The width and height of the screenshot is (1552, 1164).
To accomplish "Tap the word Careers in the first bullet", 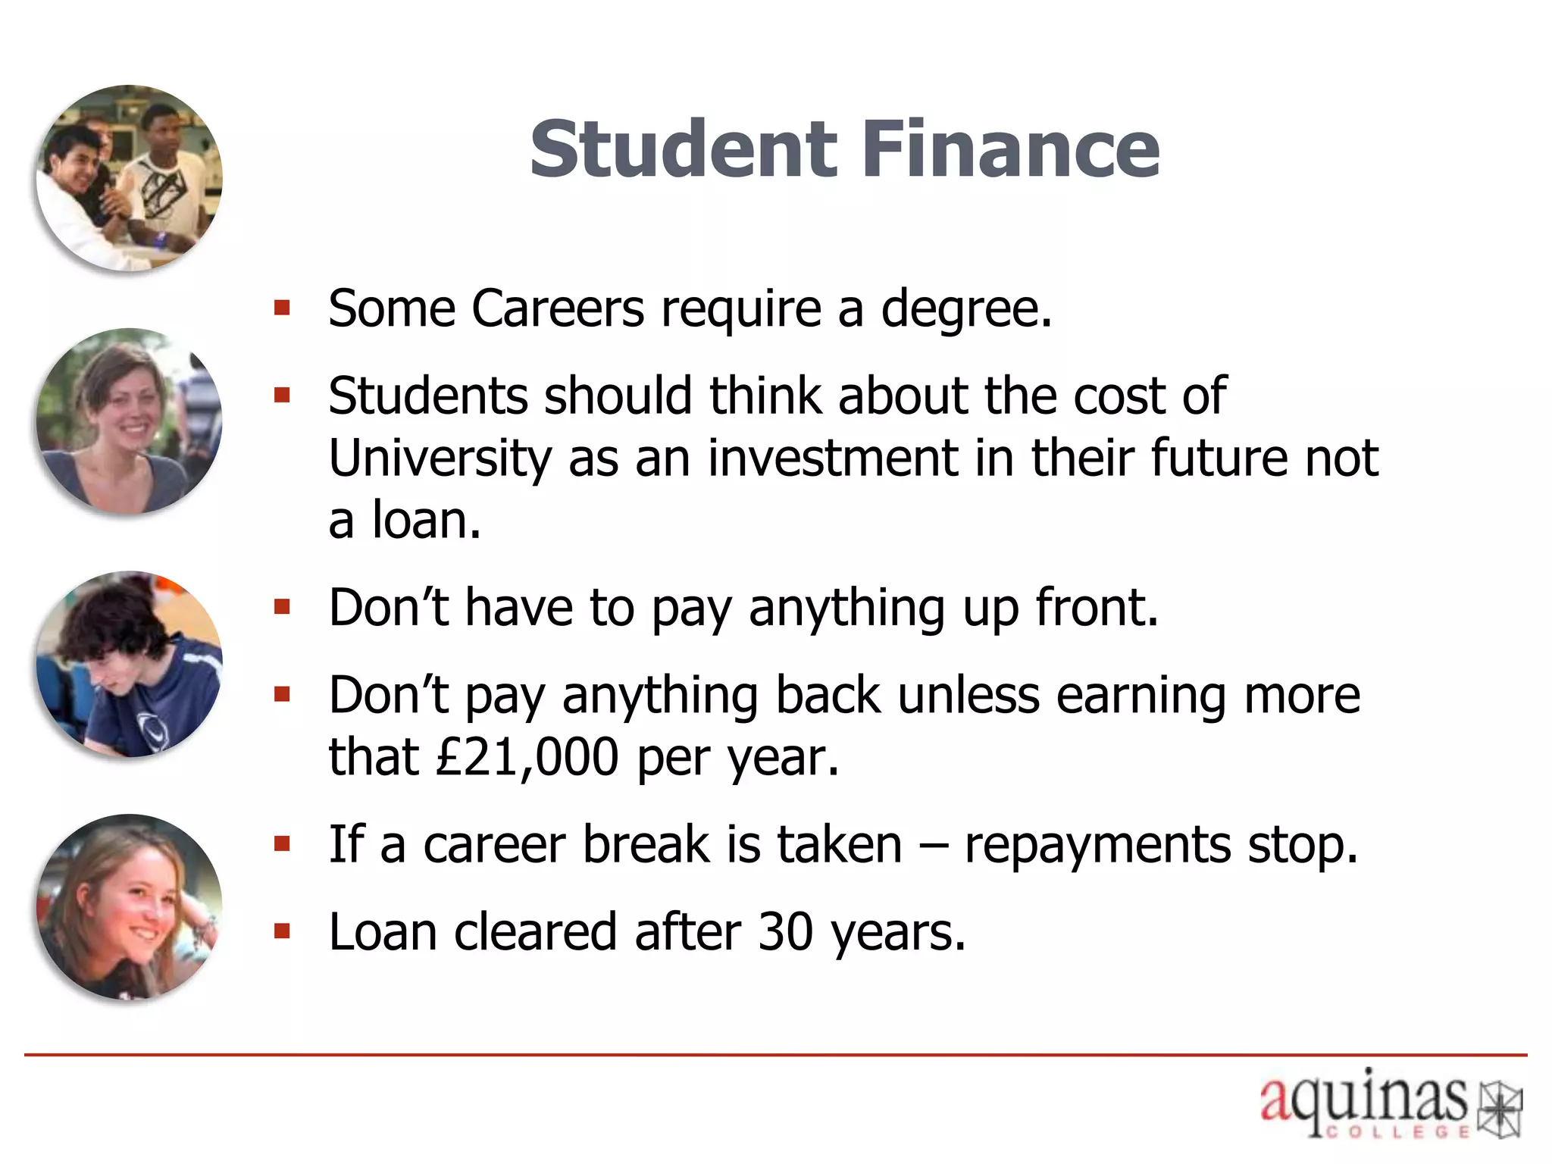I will coord(558,309).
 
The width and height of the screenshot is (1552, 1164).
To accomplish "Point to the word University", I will coord(440,459).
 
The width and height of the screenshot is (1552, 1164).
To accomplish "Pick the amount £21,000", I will coord(527,757).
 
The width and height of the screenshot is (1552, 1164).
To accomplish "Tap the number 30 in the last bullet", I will coord(785,931).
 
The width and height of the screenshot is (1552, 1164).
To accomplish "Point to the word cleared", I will coord(535,931).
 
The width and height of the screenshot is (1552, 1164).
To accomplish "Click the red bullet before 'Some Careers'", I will coord(283,308).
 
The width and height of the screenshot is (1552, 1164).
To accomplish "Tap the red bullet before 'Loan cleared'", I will coord(283,931).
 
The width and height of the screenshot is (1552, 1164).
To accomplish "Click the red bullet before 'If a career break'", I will coord(283,843).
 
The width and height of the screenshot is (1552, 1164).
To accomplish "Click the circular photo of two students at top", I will coord(130,178).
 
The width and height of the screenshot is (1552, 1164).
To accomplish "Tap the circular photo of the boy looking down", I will coord(130,665).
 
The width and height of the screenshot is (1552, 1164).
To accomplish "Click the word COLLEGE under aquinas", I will coord(1398,1132).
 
